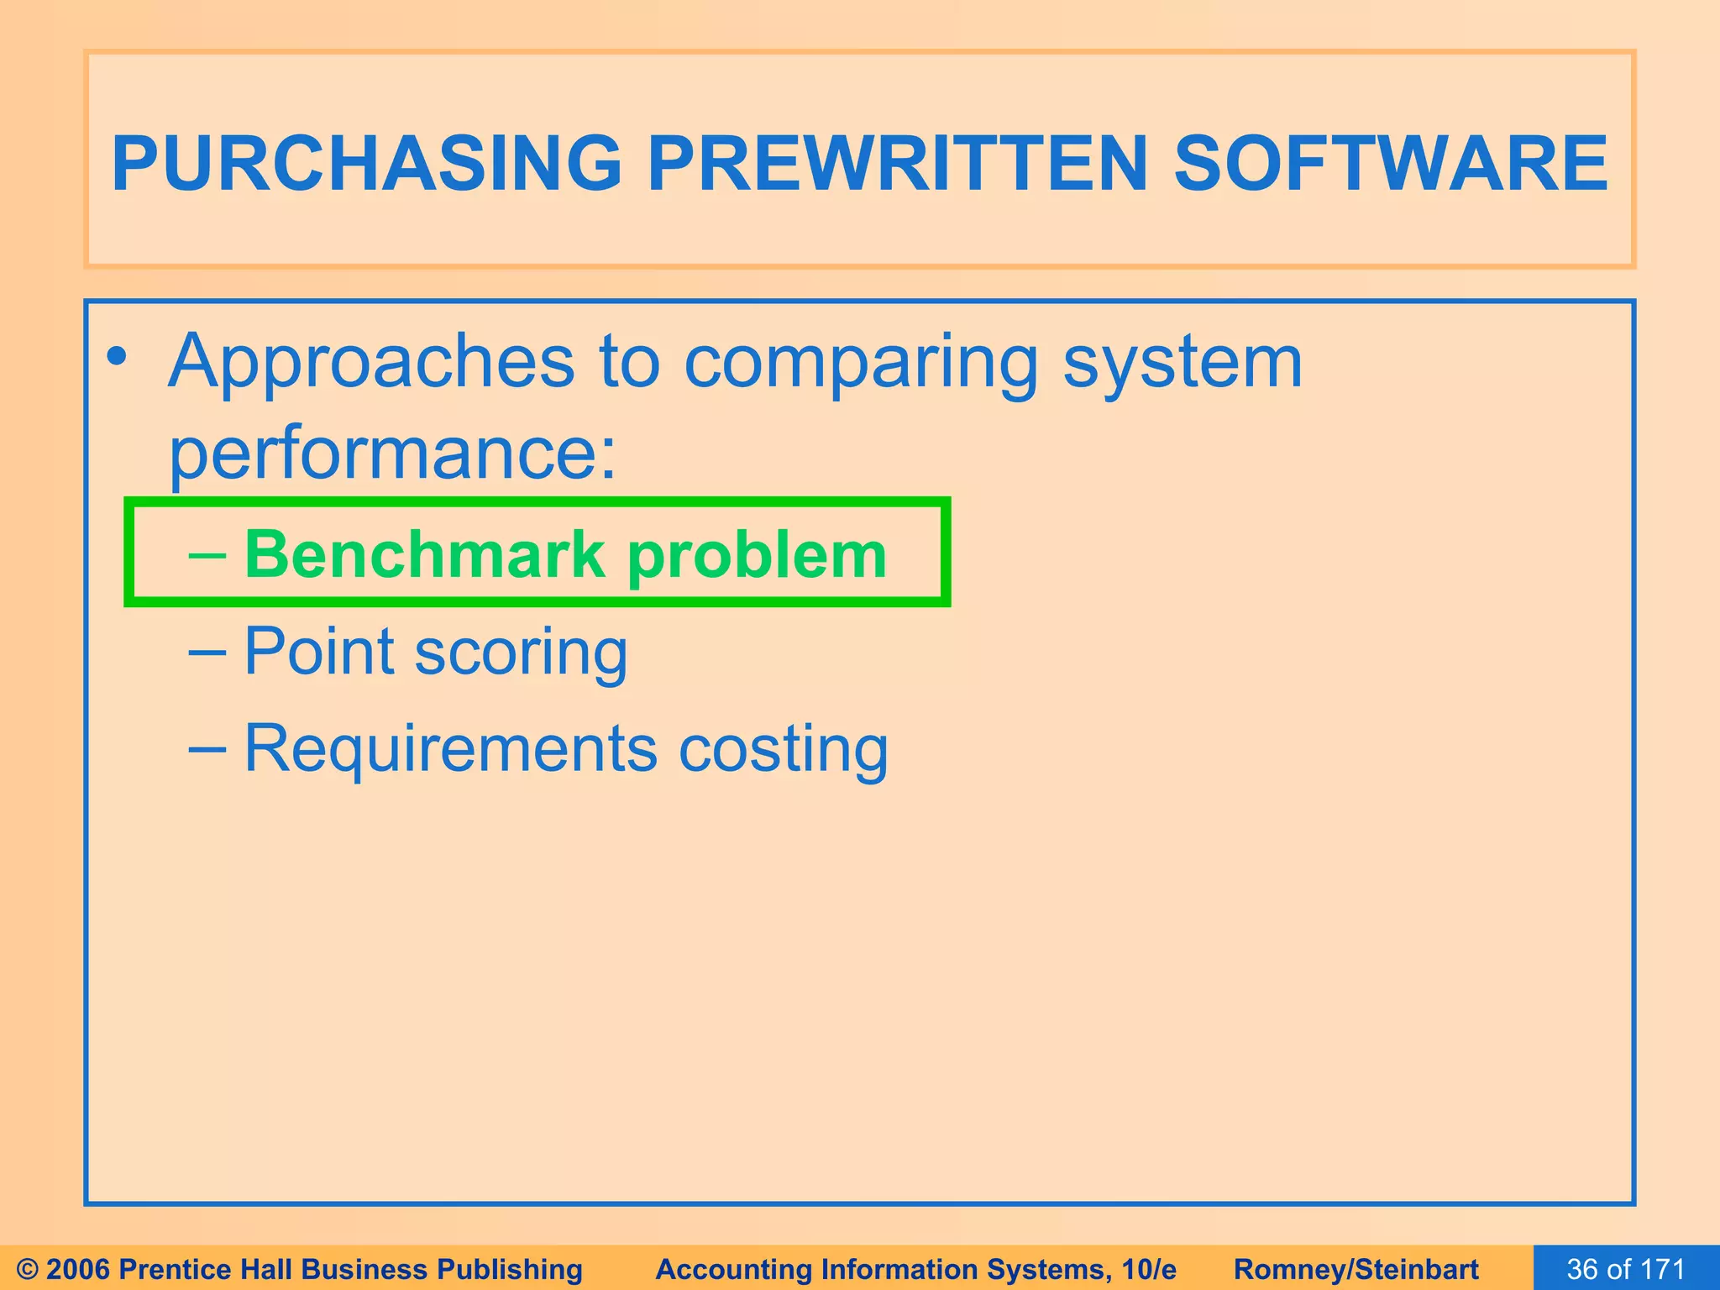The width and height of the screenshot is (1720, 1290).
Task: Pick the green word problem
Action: (x=757, y=556)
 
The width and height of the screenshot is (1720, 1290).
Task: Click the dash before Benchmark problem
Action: (x=207, y=555)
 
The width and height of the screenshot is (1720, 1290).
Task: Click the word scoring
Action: (x=521, y=653)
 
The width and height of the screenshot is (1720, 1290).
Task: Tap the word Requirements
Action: (x=450, y=747)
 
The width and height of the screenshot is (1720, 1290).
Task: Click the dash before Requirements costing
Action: (x=207, y=747)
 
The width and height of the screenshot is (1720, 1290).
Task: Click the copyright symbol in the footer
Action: (x=28, y=1269)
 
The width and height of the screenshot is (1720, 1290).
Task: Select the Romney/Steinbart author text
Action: (x=1356, y=1269)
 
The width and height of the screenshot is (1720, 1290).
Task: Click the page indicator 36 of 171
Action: (x=1626, y=1269)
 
